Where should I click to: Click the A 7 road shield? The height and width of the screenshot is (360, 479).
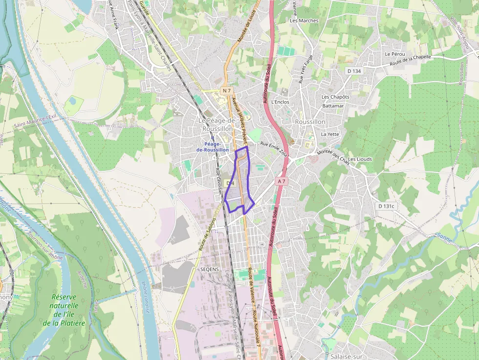tap(281, 181)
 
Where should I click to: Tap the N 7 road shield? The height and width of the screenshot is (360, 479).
tap(226, 91)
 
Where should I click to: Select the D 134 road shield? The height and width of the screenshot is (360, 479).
tap(354, 71)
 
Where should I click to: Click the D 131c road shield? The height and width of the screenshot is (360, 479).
tap(386, 206)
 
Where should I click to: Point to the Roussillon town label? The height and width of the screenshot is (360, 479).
tap(310, 122)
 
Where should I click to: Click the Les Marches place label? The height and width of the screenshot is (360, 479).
tap(304, 21)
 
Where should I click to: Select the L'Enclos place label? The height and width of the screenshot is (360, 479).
tap(280, 102)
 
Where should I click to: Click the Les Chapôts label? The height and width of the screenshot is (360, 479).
tap(335, 97)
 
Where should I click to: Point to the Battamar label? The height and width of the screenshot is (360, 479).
tap(333, 106)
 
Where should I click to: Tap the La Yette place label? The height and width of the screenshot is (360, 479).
tap(330, 134)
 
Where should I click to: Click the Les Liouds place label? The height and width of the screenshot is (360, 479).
tap(360, 159)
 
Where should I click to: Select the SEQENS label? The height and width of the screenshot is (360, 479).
tap(209, 269)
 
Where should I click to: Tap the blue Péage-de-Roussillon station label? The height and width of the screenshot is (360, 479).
tap(212, 147)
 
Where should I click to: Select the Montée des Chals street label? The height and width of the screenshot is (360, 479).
tap(334, 156)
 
